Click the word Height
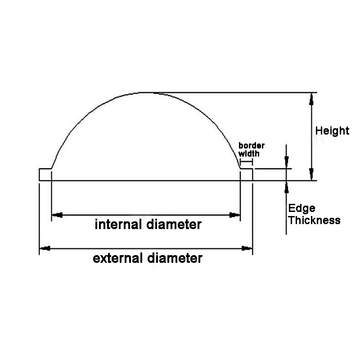(x=332, y=131)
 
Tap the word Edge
(x=301, y=208)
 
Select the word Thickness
(x=314, y=220)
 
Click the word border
(x=252, y=145)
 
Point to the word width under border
(x=249, y=153)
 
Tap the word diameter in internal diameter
(x=174, y=224)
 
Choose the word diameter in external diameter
(x=175, y=258)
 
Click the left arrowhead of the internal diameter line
(x=58, y=215)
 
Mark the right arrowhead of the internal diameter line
(x=234, y=215)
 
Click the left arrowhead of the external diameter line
(x=45, y=248)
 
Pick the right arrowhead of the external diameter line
(x=247, y=248)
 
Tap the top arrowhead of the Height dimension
(x=311, y=99)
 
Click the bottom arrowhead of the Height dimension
(x=311, y=174)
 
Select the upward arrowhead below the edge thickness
(x=286, y=187)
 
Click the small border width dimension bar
(x=246, y=162)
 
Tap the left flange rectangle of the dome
(x=45, y=175)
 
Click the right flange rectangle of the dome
(x=246, y=175)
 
